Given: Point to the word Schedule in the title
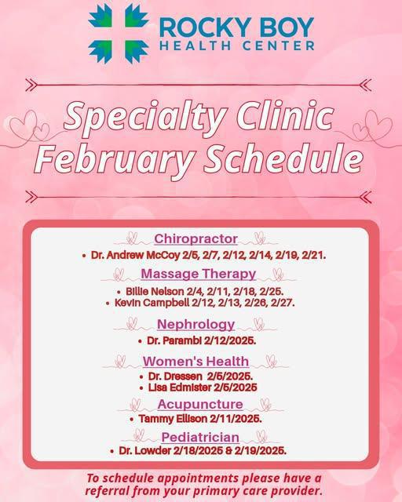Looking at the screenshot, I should point(285,158).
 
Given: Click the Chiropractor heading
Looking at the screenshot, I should point(196,238).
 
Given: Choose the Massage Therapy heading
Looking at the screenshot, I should point(198,274).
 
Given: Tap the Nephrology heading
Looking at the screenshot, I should point(196,324).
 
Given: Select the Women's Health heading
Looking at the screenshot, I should point(196,361).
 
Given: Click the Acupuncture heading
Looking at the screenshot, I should point(199,404).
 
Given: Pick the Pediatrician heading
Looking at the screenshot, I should point(200,436).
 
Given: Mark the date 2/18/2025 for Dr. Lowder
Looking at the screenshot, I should point(194,451).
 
